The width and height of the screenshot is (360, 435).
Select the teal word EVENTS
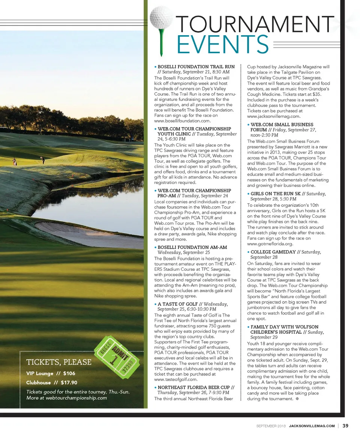click(x=223, y=45)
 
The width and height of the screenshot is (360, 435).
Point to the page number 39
click(x=345, y=426)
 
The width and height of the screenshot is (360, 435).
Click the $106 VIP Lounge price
click(x=69, y=373)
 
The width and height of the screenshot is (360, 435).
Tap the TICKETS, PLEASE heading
click(x=59, y=362)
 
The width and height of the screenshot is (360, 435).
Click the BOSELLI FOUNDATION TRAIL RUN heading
click(x=196, y=67)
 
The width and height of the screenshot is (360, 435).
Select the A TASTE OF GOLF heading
click(x=178, y=304)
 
